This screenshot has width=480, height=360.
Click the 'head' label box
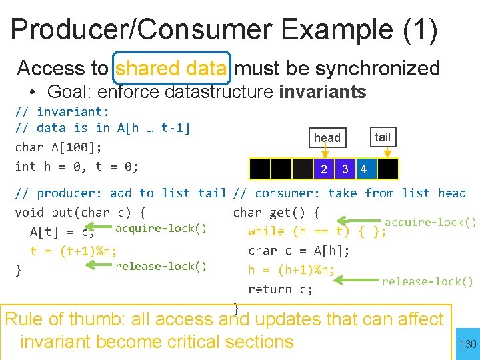pyautogui.click(x=327, y=138)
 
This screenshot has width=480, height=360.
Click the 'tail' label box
pyautogui.click(x=383, y=137)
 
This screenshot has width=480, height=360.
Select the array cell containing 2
pyautogui.click(x=324, y=169)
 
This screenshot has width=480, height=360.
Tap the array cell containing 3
pyautogui.click(x=345, y=169)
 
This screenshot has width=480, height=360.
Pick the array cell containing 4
pyautogui.click(x=363, y=169)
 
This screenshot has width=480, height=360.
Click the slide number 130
pyautogui.click(x=468, y=344)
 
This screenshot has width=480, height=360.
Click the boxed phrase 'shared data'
pyautogui.click(x=173, y=68)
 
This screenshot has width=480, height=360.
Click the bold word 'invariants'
pyautogui.click(x=323, y=91)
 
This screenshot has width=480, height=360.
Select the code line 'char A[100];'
pyautogui.click(x=59, y=147)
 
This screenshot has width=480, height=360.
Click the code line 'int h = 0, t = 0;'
pyautogui.click(x=77, y=166)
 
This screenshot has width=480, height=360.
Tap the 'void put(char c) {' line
pyautogui.click(x=81, y=213)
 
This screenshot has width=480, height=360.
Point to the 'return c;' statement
pyautogui.click(x=280, y=289)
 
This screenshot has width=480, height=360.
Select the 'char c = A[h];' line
pyautogui.click(x=299, y=251)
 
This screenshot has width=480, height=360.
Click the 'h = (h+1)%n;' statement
pyautogui.click(x=291, y=270)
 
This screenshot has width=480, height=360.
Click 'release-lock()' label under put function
pyautogui.click(x=161, y=267)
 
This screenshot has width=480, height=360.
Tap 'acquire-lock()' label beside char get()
pyautogui.click(x=431, y=223)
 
